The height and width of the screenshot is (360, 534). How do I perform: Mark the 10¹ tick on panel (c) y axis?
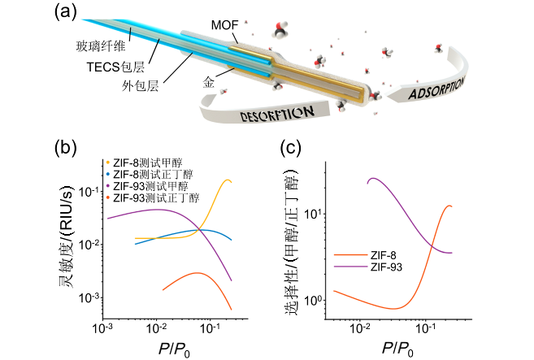(312, 214)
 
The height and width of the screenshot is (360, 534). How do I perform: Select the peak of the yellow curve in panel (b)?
(226, 180)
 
